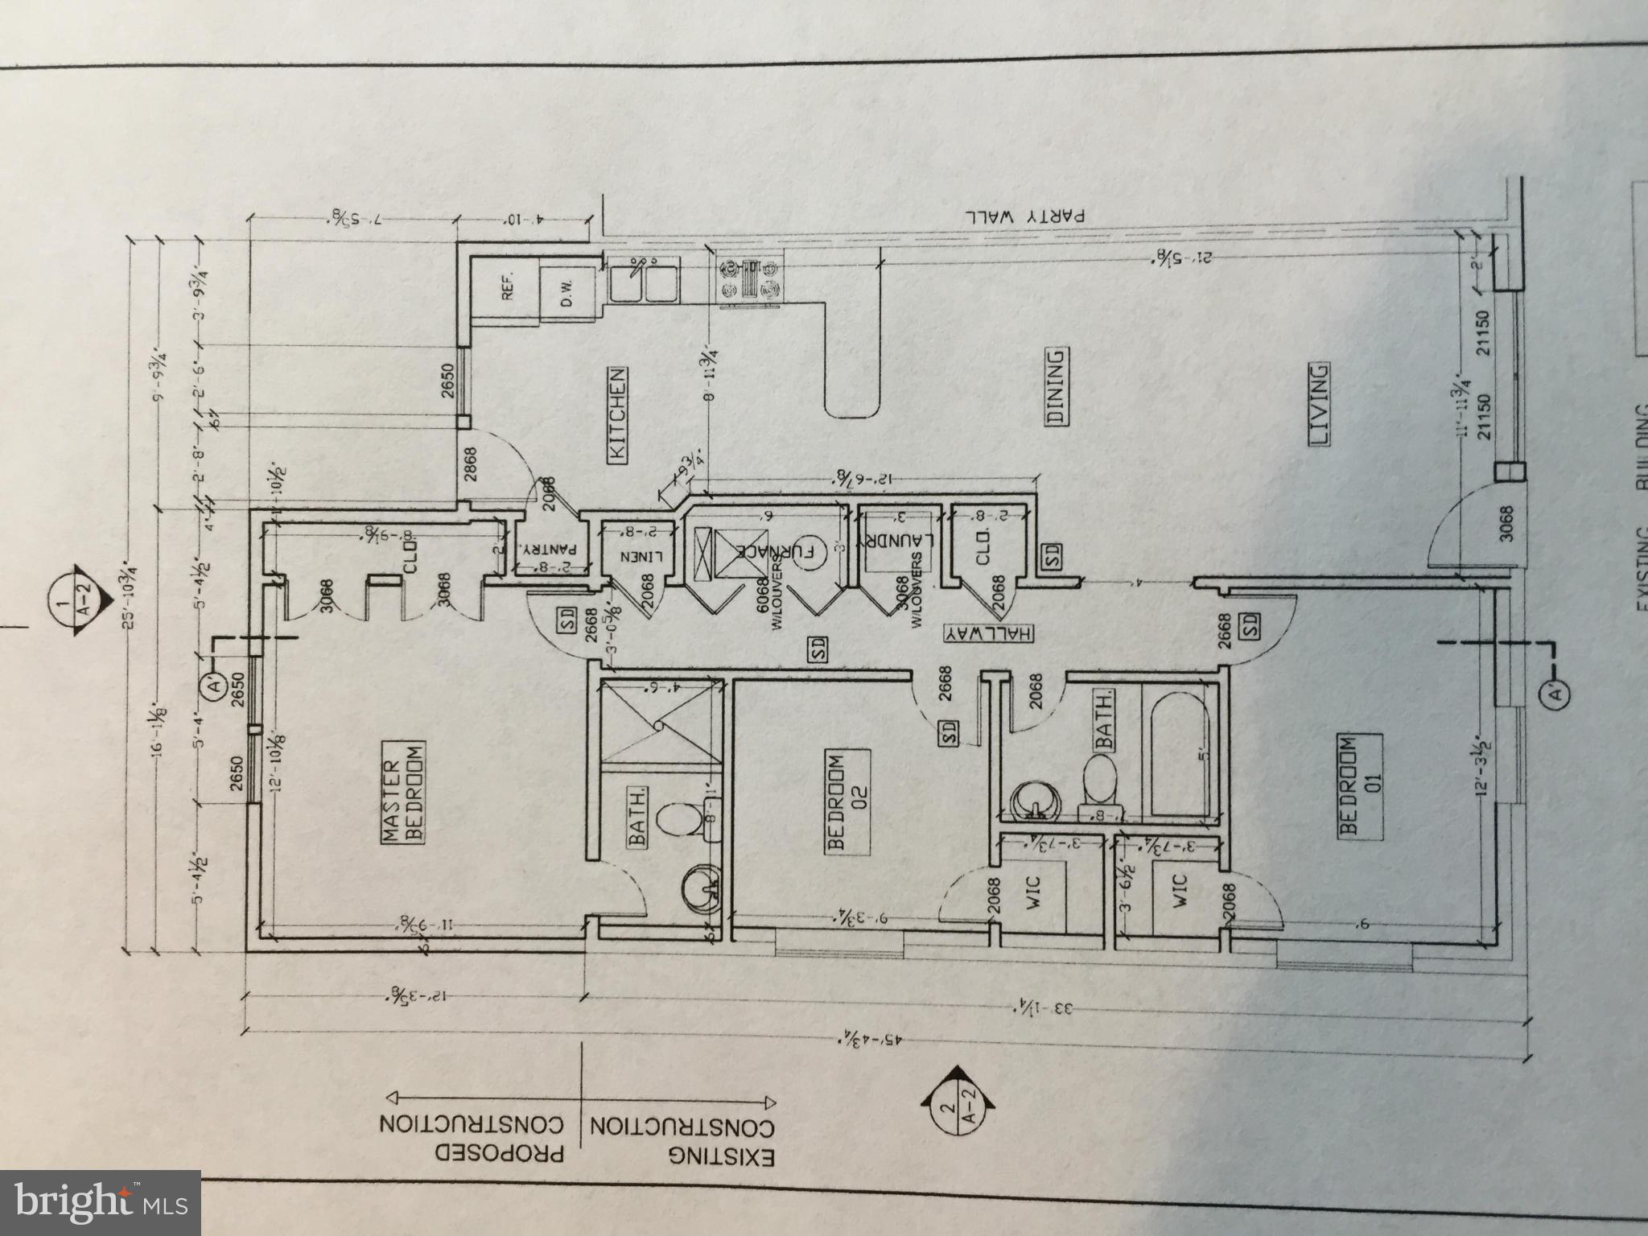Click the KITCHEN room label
[617, 415]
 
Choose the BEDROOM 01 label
[1361, 785]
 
